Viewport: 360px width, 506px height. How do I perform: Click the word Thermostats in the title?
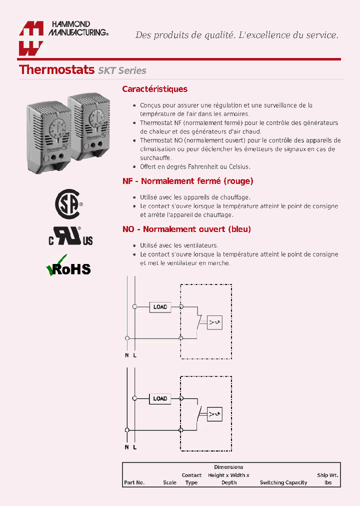pyautogui.click(x=56, y=69)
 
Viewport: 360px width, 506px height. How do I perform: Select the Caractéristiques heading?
pyautogui.click(x=155, y=89)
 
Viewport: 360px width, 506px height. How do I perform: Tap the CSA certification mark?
pyautogui.click(x=67, y=204)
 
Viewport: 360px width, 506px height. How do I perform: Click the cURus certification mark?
pyautogui.click(x=70, y=236)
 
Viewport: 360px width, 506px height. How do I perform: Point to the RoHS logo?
pyautogui.click(x=68, y=266)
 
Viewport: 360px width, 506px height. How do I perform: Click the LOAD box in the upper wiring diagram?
pyautogui.click(x=160, y=306)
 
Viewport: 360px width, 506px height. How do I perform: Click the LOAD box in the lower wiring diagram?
pyautogui.click(x=160, y=398)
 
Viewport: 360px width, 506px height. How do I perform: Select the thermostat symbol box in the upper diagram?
pyautogui.click(x=215, y=322)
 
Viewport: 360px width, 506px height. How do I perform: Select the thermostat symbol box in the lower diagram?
pyautogui.click(x=215, y=413)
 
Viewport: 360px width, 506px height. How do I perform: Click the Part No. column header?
pyautogui.click(x=134, y=482)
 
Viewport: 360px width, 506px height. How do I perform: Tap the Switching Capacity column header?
pyautogui.click(x=283, y=482)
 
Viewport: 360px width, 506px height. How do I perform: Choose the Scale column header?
pyautogui.click(x=169, y=482)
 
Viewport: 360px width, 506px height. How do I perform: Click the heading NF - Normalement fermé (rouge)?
pyautogui.click(x=188, y=181)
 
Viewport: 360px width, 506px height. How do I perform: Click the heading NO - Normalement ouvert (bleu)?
pyautogui.click(x=186, y=229)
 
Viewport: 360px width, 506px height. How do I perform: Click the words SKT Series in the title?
pyautogui.click(x=122, y=70)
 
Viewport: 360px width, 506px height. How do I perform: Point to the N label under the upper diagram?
pyautogui.click(x=127, y=355)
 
